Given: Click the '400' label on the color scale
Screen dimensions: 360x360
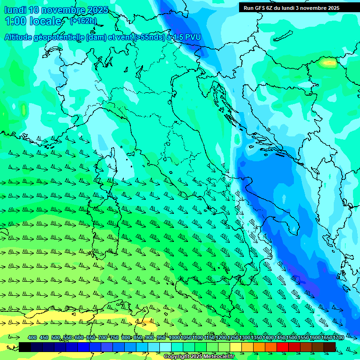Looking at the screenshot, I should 32,338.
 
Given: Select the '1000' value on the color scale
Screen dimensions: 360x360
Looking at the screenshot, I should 174,338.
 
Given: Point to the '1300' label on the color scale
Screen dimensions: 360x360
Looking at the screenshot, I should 245,338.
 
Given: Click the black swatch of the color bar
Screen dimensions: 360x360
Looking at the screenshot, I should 25,347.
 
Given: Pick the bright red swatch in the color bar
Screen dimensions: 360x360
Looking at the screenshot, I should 283,347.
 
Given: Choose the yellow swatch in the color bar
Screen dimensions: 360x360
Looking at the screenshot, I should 236,347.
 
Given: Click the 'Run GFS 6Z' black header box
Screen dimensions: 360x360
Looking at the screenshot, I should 295,7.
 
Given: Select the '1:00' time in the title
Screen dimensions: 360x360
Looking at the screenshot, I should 15,21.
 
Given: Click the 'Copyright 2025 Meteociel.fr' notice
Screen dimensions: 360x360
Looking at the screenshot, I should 199,357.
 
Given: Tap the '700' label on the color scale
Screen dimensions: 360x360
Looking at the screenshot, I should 103,338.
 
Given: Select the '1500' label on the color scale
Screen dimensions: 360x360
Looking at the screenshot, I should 292,338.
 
